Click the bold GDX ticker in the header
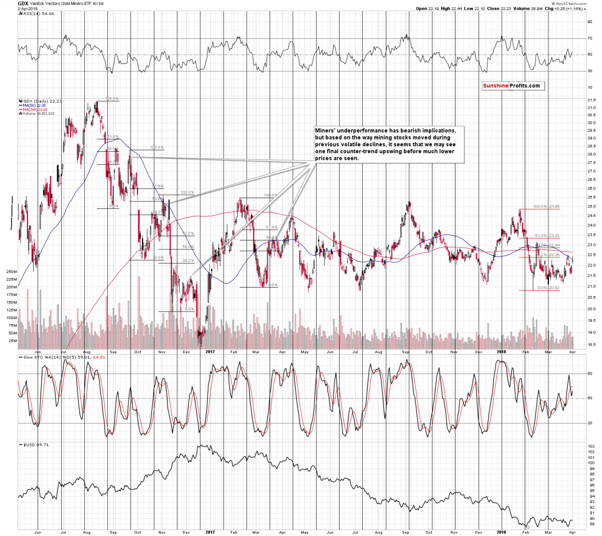(x=23, y=3)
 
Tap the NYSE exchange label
(x=98, y=4)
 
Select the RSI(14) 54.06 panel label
(x=35, y=14)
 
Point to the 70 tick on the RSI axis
(x=590, y=38)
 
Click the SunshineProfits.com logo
(x=512, y=86)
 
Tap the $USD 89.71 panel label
(x=33, y=444)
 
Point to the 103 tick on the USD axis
(x=590, y=445)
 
